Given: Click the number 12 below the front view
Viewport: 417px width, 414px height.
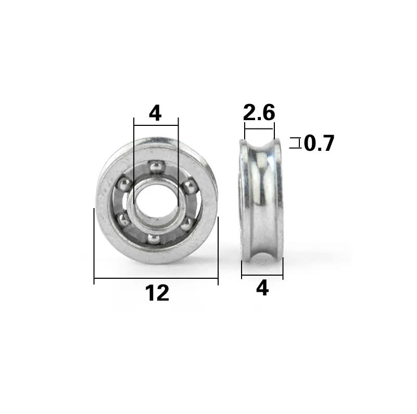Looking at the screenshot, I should coord(157,294).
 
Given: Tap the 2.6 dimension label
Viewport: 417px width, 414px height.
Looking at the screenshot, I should coord(259,112).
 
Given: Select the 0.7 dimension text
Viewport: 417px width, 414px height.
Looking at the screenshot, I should coord(319,143).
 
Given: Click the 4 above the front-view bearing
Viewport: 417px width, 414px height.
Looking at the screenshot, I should coord(155,113).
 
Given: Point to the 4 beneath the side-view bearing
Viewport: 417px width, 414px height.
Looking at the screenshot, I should coord(262,288).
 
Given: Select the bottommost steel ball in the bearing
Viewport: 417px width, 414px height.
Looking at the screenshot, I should coord(154,238).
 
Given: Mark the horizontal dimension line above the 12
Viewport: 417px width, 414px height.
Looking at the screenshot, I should coord(156,280).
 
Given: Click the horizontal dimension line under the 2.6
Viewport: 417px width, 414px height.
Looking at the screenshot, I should coord(259,129).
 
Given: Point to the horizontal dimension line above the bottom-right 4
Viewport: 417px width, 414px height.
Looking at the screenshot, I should coord(262,276).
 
